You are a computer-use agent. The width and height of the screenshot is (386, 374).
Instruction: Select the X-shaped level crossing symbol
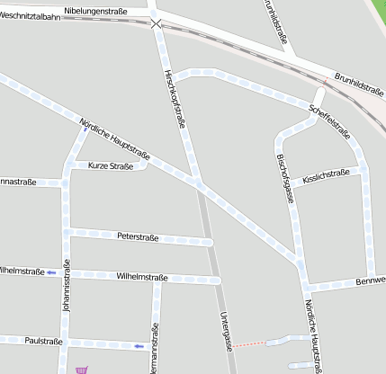click(x=157, y=24)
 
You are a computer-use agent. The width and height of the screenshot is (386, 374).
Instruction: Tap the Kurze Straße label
click(x=111, y=166)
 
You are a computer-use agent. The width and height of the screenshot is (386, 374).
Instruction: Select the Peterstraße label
click(x=138, y=237)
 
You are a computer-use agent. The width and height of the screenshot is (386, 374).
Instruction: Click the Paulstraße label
click(x=44, y=342)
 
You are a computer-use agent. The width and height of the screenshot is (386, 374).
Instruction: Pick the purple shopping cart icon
click(x=83, y=369)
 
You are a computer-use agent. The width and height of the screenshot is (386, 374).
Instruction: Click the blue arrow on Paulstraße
click(x=138, y=345)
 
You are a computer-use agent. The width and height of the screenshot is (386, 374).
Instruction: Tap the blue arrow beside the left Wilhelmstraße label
click(x=52, y=271)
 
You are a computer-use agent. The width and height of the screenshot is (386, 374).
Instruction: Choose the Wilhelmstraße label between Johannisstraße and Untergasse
click(x=142, y=277)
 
